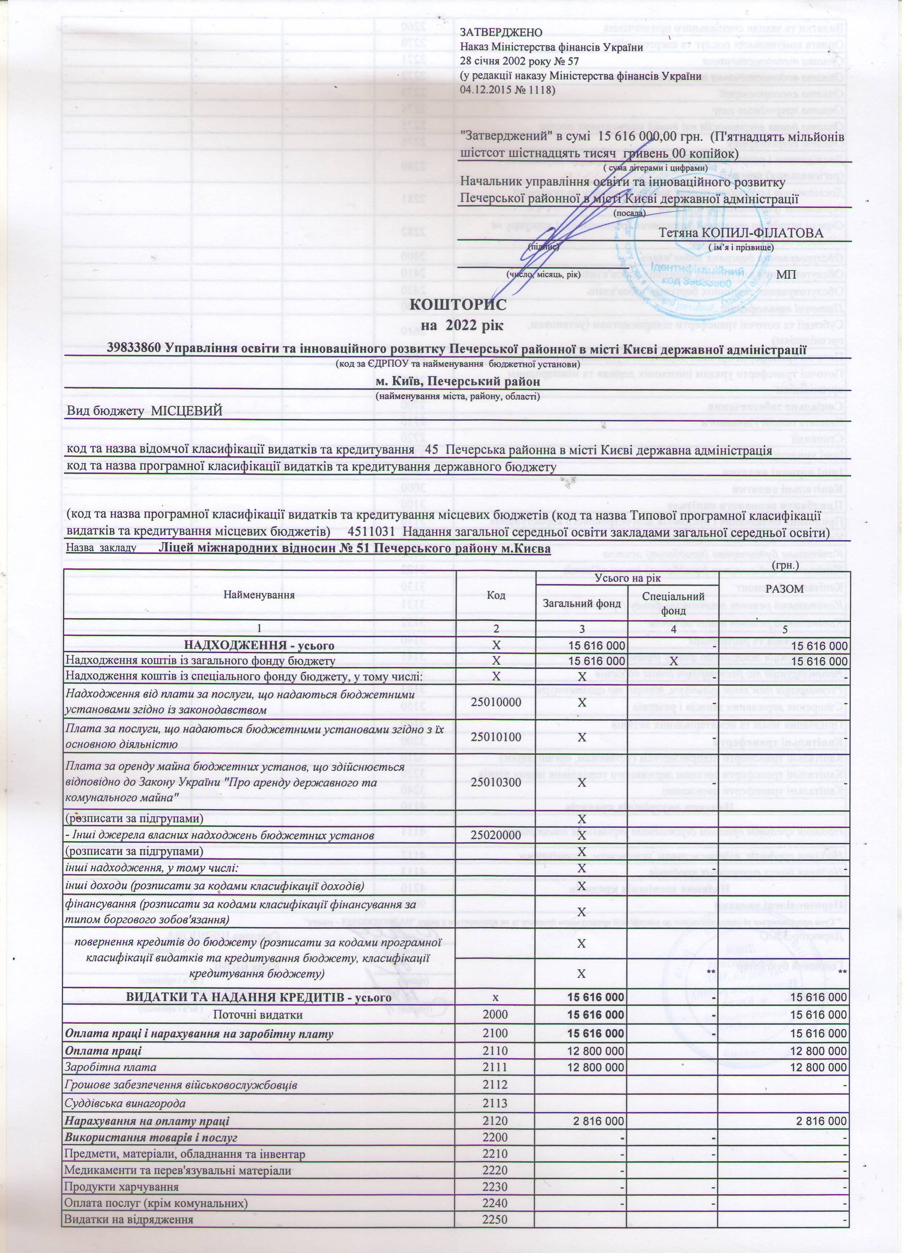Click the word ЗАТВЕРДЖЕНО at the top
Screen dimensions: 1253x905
click(x=500, y=33)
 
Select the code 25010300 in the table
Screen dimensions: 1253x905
click(x=496, y=783)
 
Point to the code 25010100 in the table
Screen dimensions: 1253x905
click(x=496, y=738)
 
